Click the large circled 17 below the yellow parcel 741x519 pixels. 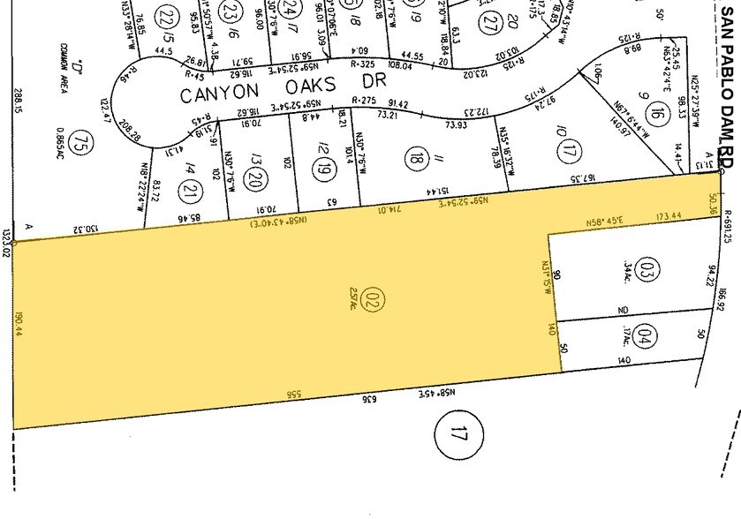[x=457, y=433]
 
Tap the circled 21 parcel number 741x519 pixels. [x=188, y=164]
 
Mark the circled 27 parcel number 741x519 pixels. [x=492, y=24]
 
